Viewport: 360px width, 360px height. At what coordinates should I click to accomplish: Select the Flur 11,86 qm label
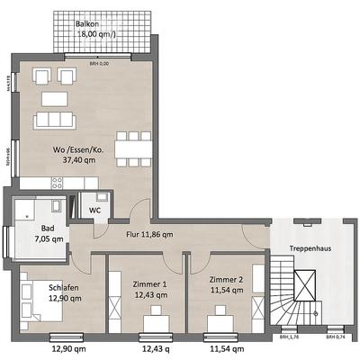pos(149,235)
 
